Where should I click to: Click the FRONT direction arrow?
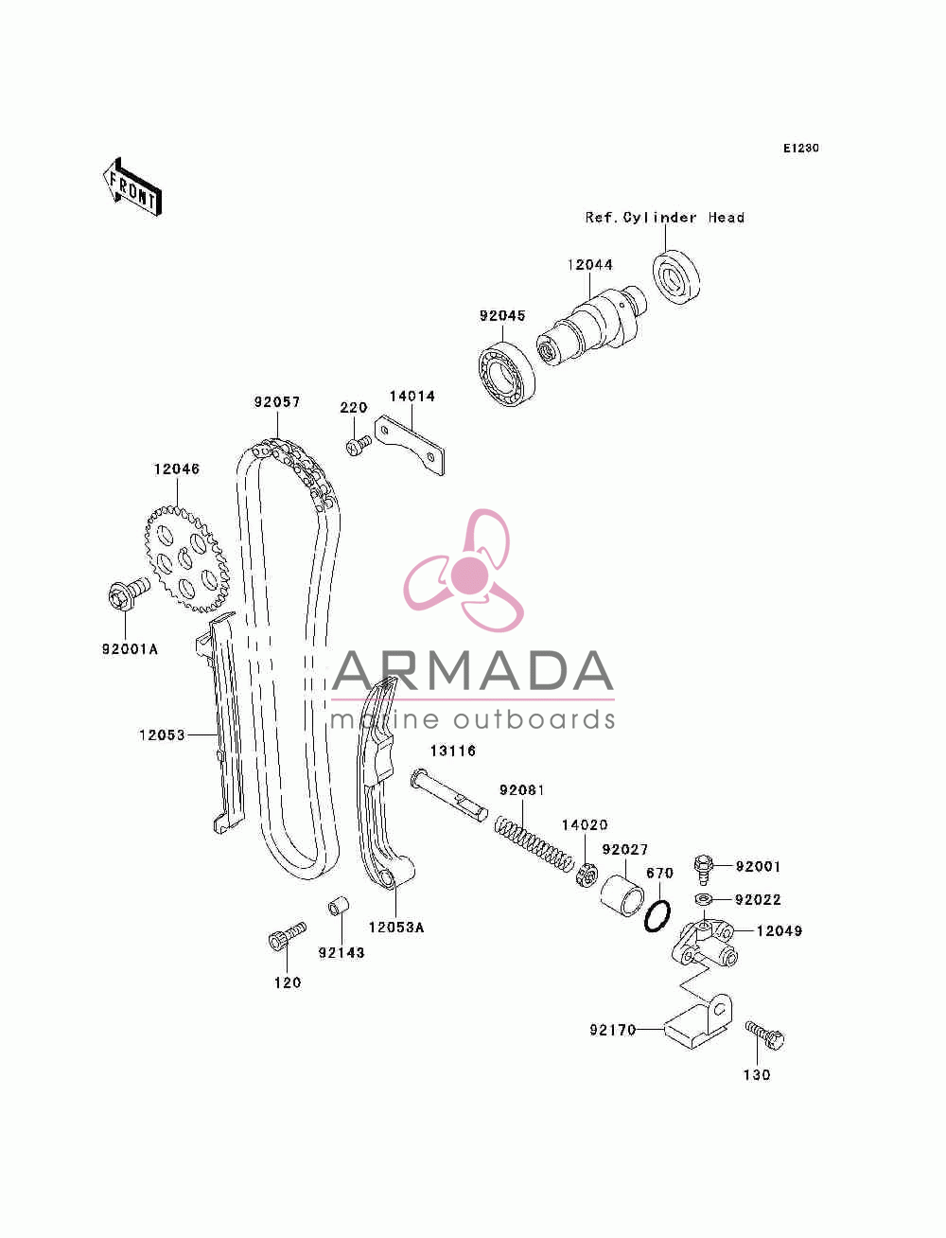tap(132, 186)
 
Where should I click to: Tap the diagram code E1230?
tap(800, 149)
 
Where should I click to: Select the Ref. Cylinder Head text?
tap(665, 218)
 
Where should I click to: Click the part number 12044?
tap(589, 264)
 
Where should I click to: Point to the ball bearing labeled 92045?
tap(506, 373)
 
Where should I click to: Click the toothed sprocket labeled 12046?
tap(187, 559)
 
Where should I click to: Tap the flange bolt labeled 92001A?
tap(128, 594)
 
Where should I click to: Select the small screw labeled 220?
tap(358, 445)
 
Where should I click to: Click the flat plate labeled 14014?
tap(410, 445)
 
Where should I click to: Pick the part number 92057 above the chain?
tap(277, 402)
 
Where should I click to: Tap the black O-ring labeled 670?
tap(657, 916)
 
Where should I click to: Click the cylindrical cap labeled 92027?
tap(622, 895)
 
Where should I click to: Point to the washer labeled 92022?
tap(703, 898)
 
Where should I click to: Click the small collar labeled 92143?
tap(339, 906)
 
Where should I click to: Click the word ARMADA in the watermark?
tap(472, 671)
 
